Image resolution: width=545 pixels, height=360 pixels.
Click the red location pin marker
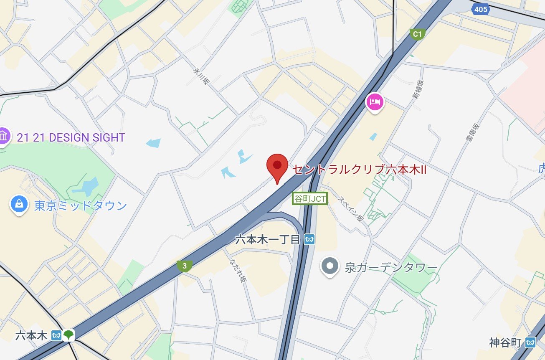(x=277, y=166)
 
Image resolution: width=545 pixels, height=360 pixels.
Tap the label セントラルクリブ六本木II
(x=359, y=170)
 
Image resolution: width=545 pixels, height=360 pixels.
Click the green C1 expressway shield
(x=417, y=34)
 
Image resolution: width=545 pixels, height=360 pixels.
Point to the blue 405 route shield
(x=481, y=9)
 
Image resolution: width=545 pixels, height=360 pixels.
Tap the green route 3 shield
(x=184, y=266)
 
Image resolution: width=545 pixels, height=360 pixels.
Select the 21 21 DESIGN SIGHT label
(x=71, y=137)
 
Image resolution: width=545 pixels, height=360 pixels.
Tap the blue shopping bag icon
(x=19, y=204)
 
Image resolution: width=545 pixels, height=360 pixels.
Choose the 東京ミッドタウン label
(x=81, y=206)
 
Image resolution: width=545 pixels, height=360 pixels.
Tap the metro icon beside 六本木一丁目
(x=309, y=239)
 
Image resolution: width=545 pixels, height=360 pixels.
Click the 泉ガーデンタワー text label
(x=391, y=267)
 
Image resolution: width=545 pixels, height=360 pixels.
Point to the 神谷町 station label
(x=505, y=343)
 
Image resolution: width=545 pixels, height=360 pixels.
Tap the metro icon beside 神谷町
(x=530, y=343)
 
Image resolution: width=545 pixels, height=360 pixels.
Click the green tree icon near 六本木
(x=68, y=335)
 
